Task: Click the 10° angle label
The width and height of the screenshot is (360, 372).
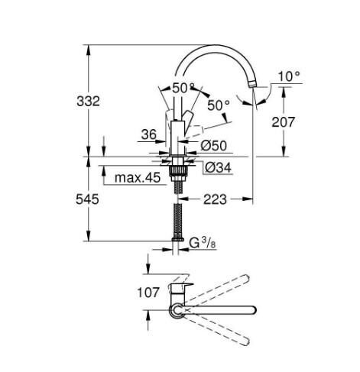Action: (x=289, y=76)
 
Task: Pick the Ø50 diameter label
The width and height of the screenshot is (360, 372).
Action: (x=213, y=145)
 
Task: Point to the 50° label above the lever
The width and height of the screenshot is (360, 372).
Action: (x=183, y=88)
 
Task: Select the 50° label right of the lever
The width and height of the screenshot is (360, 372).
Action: (x=218, y=105)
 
